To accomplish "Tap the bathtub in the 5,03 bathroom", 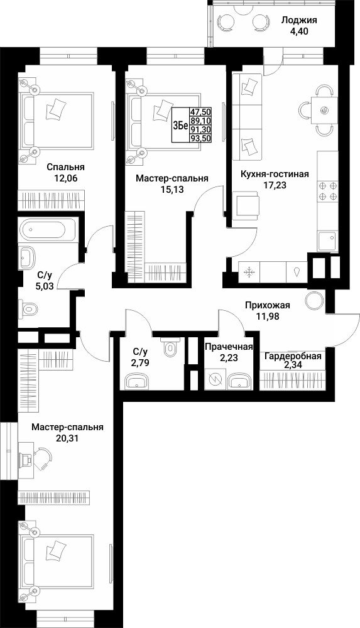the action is tap(47, 230).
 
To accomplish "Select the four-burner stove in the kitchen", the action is tap(327, 191).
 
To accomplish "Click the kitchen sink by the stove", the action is tap(327, 241).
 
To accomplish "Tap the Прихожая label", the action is tap(268, 306).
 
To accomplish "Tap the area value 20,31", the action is tap(67, 438).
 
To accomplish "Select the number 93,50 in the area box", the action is tap(201, 138).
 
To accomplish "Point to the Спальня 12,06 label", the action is tap(65, 172).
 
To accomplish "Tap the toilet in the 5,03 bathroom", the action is tap(28, 309).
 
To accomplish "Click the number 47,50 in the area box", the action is tap(201, 112).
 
